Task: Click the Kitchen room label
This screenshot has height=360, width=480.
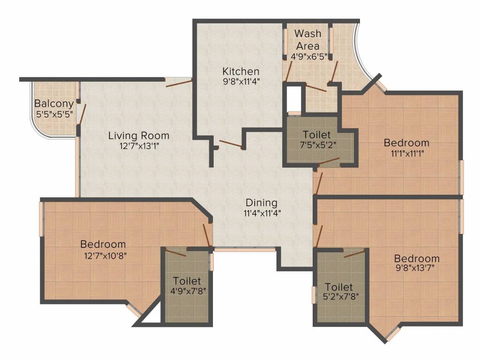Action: pos(240,71)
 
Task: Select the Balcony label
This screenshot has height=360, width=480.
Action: pos(54,104)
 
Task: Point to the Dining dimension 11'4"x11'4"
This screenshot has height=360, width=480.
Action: pos(262,213)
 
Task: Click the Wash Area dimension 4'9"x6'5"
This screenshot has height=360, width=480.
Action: pos(309,57)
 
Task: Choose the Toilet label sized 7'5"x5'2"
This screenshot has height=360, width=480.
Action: pos(316,135)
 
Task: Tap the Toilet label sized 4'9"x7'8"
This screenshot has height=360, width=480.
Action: pos(187,281)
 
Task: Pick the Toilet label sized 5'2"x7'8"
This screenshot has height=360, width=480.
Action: pos(338,287)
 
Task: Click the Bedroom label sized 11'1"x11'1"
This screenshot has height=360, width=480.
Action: pos(406,142)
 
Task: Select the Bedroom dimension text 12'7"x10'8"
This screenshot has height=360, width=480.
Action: pos(105,255)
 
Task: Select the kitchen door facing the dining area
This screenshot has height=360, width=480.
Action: pos(231,144)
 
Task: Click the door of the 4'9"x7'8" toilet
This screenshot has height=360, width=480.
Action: pos(176,253)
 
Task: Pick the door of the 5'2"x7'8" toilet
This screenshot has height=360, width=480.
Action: pos(354,254)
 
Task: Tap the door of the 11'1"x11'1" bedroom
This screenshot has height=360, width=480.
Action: pos(319,183)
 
